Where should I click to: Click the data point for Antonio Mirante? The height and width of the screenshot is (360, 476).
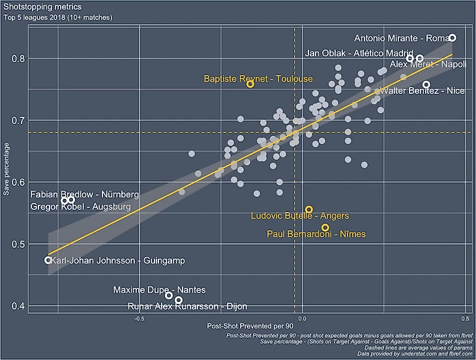[453, 38]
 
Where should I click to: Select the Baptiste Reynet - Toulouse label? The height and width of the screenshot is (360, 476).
[258, 79]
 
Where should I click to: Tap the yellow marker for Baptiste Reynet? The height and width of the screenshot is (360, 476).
[250, 84]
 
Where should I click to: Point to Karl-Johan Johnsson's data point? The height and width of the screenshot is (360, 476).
[48, 260]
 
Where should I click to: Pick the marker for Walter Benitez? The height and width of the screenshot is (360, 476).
[426, 85]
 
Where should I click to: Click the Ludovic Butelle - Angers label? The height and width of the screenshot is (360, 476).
[300, 216]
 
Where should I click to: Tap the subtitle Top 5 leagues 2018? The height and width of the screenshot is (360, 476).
[59, 16]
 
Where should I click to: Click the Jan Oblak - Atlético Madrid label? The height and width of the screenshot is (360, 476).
[359, 53]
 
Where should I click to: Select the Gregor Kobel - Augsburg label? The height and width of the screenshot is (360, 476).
[81, 207]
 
